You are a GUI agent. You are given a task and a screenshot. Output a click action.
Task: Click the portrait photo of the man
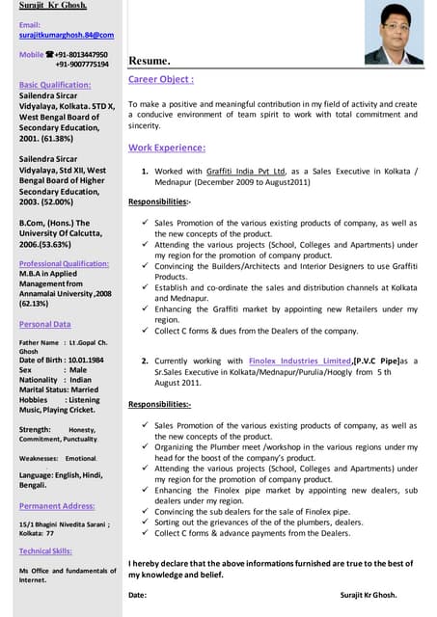pyautogui.click(x=398, y=32)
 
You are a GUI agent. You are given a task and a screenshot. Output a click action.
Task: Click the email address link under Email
pyautogui.click(x=66, y=35)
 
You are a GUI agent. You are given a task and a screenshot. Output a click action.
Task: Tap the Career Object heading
pyautogui.click(x=161, y=79)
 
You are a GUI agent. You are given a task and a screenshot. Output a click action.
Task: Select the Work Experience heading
pyautogui.click(x=167, y=148)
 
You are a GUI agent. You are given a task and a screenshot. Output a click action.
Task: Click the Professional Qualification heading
pyautogui.click(x=64, y=263)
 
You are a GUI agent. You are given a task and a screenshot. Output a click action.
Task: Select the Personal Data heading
pyautogui.click(x=44, y=324)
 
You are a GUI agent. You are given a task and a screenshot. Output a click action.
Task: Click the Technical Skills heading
pyautogui.click(x=45, y=550)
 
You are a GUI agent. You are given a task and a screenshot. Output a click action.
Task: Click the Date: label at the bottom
pyautogui.click(x=138, y=595)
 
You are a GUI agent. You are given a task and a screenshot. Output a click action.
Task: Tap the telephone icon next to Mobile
pyautogui.click(x=48, y=55)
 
